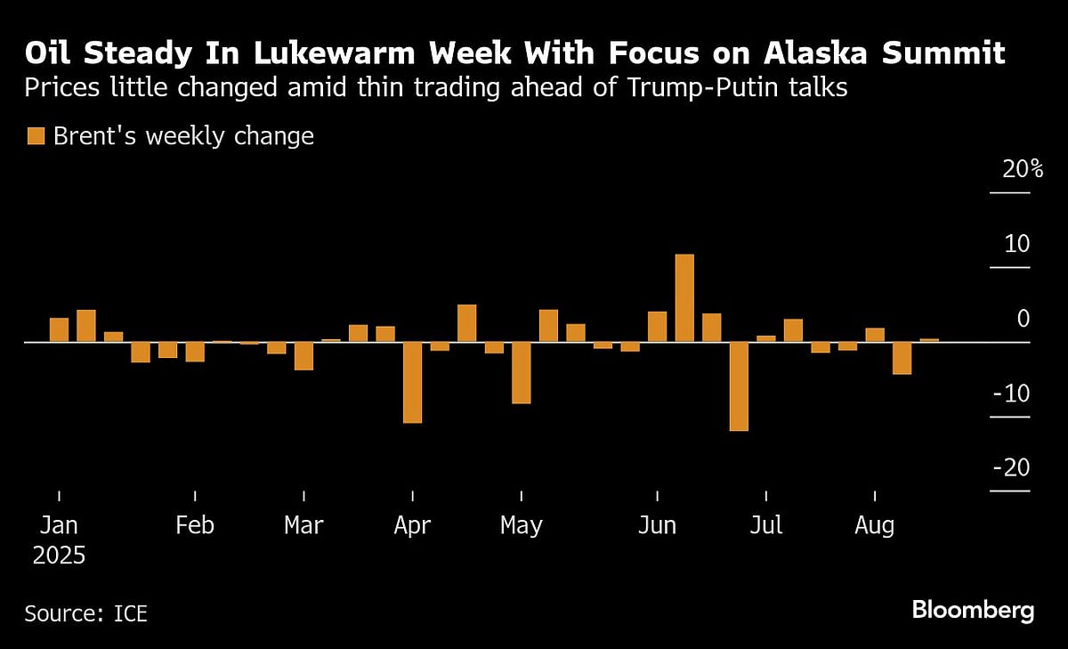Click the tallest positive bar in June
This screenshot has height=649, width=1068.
click(684, 297)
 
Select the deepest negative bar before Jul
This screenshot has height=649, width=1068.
click(739, 386)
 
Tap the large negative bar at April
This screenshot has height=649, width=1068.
click(412, 382)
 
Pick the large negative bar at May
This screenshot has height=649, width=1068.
click(521, 372)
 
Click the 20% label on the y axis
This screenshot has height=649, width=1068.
click(1022, 170)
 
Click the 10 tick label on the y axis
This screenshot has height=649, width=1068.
click(1016, 244)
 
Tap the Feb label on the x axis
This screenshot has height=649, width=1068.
click(194, 525)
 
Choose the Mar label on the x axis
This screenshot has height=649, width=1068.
click(303, 525)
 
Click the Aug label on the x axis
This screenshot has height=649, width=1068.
click(874, 525)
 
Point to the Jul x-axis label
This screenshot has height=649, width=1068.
click(765, 525)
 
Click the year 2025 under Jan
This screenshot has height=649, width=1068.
click(59, 557)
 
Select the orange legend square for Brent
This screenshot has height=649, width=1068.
click(36, 136)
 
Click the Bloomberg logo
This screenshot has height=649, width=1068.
click(972, 611)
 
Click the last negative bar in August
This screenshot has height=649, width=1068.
click(902, 358)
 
